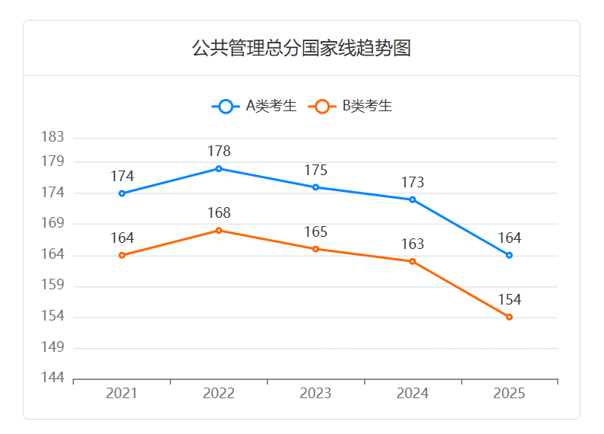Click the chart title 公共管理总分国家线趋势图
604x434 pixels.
click(302, 49)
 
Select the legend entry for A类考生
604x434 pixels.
click(254, 107)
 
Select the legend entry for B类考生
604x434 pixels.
click(350, 107)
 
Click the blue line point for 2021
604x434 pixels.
click(122, 193)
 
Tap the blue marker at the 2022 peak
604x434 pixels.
click(219, 168)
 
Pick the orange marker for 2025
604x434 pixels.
click(509, 317)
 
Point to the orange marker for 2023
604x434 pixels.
click(315, 249)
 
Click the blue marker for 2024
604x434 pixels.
click(412, 199)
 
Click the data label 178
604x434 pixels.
click(219, 152)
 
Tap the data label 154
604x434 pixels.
click(509, 299)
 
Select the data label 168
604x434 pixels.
click(219, 213)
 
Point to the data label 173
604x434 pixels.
click(412, 183)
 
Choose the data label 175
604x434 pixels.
click(315, 171)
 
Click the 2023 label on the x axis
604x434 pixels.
click(315, 394)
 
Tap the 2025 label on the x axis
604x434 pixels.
click(509, 394)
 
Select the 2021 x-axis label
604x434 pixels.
click(122, 394)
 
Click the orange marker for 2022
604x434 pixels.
click(219, 230)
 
